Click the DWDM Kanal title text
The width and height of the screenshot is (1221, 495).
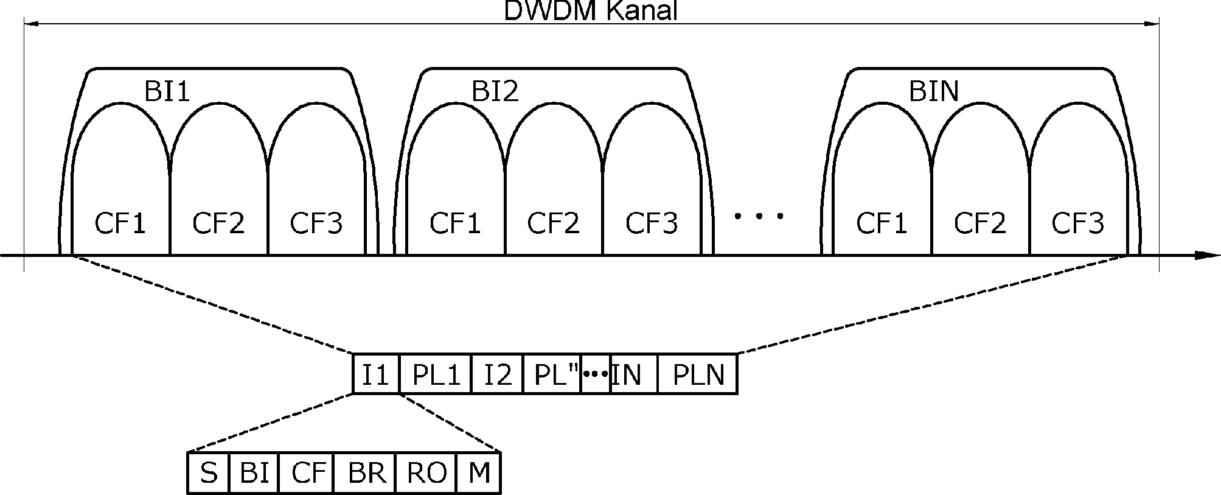coord(590,11)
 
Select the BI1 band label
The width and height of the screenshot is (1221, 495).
coord(167,92)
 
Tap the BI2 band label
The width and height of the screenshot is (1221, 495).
coord(495,92)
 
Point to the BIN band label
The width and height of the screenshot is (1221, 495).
coord(934,92)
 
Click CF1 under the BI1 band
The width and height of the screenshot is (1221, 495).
coord(120,223)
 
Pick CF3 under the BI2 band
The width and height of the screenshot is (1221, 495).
coord(651,223)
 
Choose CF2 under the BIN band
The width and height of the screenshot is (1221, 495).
coord(979,223)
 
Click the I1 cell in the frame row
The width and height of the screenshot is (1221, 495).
coord(375,374)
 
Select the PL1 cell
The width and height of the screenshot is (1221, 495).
coord(436,374)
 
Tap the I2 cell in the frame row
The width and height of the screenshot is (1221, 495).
coord(497,374)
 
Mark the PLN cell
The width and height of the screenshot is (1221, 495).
coord(698,374)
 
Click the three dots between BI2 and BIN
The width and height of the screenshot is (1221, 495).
coord(759,216)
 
